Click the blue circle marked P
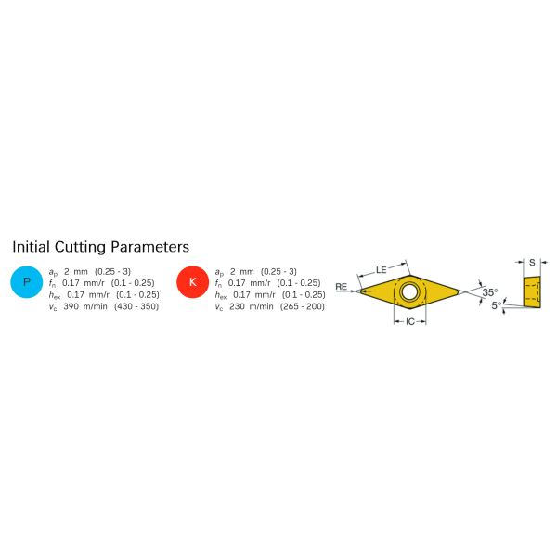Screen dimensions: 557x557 (27, 282)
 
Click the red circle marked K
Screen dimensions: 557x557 (192, 282)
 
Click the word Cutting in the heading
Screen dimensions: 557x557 (80, 247)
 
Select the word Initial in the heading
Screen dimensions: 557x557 (31, 247)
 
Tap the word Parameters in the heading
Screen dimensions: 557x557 (149, 247)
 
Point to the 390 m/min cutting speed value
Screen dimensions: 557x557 (85, 306)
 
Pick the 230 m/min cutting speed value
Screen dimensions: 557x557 (252, 306)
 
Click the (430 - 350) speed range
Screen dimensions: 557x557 (136, 306)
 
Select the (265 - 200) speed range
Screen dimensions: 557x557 (303, 306)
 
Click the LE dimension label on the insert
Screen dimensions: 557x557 (382, 270)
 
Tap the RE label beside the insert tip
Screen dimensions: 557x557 (341, 286)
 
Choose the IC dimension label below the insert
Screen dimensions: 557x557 (410, 321)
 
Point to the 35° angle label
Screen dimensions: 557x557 (490, 292)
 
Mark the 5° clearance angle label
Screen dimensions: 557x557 (497, 304)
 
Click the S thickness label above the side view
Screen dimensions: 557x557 (532, 263)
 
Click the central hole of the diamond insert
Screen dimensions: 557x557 (410, 291)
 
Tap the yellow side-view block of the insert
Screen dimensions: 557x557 (532, 292)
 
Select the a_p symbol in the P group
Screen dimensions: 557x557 (53, 272)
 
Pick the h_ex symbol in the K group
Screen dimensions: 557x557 (221, 295)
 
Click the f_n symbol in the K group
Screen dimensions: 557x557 (219, 283)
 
